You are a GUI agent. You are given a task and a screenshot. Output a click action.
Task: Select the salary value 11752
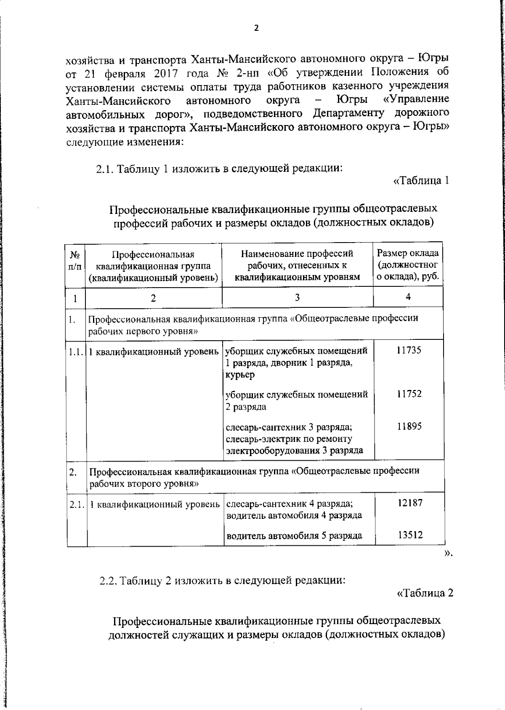click(409, 394)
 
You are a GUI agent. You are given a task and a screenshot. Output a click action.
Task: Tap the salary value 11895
click(409, 427)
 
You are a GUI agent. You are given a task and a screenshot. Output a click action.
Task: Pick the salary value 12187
click(410, 503)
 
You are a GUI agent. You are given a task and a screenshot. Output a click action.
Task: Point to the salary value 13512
click(410, 535)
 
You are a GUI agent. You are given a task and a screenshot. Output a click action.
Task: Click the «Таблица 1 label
click(421, 181)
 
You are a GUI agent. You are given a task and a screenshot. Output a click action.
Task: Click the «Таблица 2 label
click(425, 593)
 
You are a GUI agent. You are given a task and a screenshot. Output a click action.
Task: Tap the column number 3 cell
click(297, 297)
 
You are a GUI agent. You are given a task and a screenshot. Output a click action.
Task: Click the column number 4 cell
click(408, 297)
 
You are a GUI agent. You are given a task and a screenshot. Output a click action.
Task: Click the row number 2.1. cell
click(77, 504)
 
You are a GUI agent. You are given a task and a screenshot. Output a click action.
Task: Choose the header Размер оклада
click(408, 253)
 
